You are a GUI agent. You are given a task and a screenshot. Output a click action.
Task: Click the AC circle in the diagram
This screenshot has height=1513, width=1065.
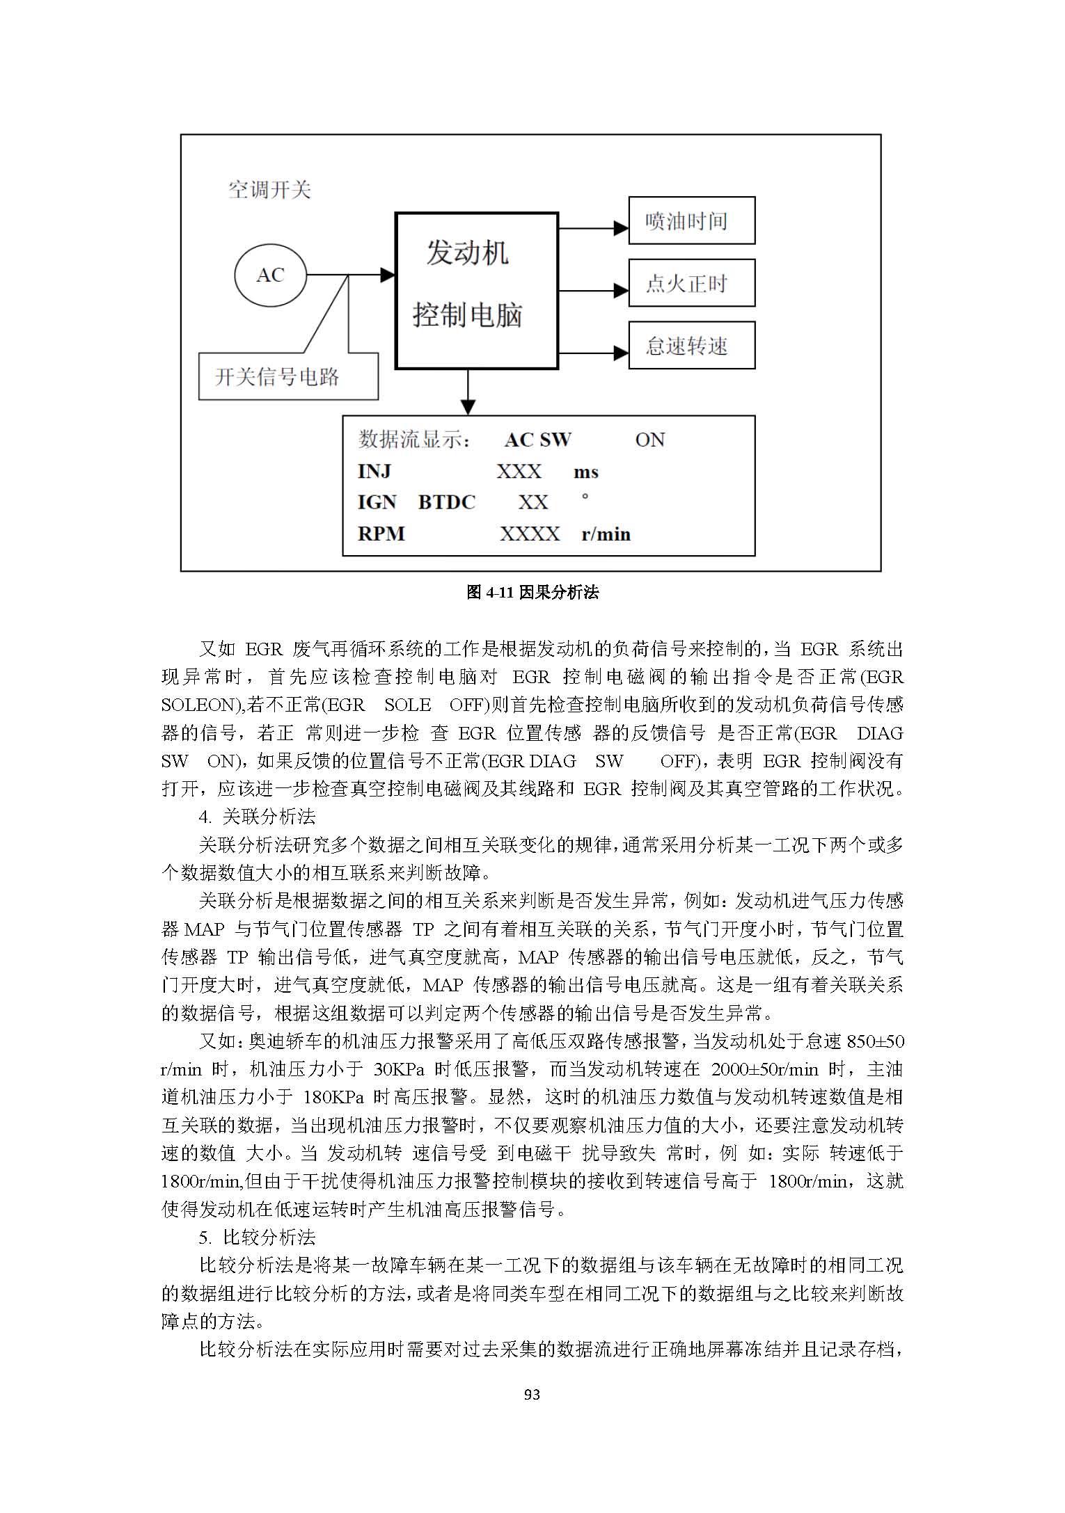[270, 275]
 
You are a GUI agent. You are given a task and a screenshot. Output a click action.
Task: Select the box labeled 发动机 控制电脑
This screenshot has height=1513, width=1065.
[477, 290]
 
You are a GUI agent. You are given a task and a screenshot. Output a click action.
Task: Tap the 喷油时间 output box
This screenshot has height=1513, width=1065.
[691, 221]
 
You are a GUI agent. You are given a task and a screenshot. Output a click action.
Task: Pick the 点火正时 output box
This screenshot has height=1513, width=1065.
[691, 282]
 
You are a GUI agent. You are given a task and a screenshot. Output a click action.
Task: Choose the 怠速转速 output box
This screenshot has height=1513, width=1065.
[691, 345]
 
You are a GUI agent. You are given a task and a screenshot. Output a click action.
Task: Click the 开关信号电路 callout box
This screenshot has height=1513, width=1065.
[288, 376]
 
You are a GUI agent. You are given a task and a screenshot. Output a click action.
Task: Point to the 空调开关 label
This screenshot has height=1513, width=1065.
[269, 190]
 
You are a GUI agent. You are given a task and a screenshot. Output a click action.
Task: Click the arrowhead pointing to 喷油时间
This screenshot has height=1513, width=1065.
[621, 227]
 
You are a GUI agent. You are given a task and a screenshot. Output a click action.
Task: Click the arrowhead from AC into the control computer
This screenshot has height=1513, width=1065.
[388, 275]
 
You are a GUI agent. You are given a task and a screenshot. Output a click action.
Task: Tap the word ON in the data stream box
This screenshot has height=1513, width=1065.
[649, 440]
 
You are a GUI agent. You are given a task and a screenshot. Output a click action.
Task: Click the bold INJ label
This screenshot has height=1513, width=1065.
[374, 472]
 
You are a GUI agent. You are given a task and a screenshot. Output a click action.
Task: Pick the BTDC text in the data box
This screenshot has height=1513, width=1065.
[446, 502]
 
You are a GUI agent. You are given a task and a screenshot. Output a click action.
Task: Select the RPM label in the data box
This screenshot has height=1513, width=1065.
[381, 534]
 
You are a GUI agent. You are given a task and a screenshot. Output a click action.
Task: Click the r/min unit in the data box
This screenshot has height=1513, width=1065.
[606, 534]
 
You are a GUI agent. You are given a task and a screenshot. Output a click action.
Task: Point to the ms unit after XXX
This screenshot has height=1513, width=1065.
[585, 472]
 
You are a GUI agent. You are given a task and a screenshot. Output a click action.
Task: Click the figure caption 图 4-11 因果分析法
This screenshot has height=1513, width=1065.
[532, 592]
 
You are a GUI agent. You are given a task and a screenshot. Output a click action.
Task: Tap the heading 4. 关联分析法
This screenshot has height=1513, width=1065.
[257, 816]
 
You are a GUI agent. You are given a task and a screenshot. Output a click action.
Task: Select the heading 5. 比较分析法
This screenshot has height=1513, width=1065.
[257, 1237]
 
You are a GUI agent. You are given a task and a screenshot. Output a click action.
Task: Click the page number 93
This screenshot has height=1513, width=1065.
[532, 1408]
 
